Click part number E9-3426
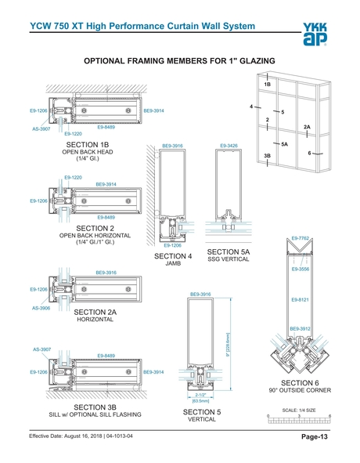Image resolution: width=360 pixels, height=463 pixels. coord(229,146)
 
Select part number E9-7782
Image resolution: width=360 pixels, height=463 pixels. coord(301,237)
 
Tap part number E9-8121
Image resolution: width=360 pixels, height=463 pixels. coord(301,300)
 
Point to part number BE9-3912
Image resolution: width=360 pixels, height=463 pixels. coord(301,328)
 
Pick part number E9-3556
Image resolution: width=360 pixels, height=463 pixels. coord(301,269)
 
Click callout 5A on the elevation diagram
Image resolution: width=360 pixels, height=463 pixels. coord(284,144)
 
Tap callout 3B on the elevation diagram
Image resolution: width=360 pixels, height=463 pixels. coord(267,156)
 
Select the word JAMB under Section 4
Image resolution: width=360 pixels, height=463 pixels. coord(173,264)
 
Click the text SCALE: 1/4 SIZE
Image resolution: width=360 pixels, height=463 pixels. coord(299,410)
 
